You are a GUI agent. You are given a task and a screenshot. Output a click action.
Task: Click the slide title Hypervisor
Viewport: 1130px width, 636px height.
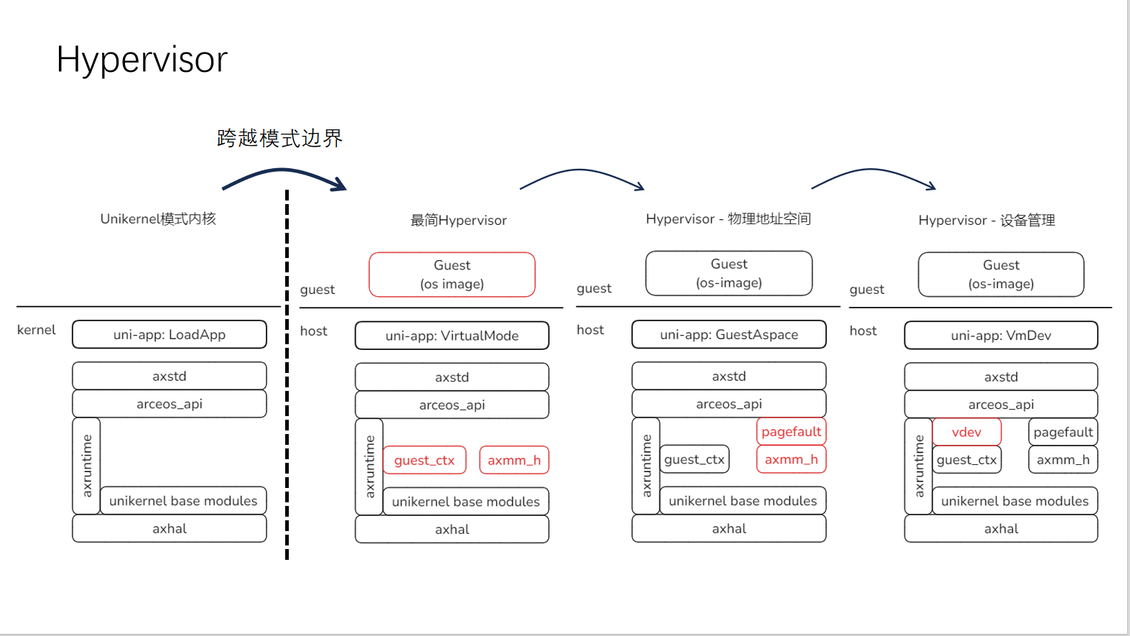pos(142,59)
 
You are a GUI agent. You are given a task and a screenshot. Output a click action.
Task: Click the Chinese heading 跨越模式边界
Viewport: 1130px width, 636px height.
pos(279,138)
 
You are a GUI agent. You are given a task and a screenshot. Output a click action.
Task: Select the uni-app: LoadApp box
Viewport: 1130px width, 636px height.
pos(170,335)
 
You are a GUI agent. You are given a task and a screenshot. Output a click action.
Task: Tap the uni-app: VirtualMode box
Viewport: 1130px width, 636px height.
pos(452,336)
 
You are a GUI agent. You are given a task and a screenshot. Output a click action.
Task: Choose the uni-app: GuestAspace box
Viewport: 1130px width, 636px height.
pos(728,335)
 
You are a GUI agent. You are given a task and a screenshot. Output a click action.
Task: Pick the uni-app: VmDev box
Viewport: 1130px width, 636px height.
pos(1001,336)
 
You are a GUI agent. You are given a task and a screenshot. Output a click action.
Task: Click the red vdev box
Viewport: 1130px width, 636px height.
pos(966,432)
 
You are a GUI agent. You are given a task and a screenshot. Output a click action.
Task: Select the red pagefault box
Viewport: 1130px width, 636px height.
pos(791,432)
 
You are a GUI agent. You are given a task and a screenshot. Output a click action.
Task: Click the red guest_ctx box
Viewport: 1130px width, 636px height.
pos(424,461)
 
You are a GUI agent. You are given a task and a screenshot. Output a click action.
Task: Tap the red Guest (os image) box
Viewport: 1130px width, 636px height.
pos(452,275)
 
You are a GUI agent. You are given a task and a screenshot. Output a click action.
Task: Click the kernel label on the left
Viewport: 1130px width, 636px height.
pos(36,330)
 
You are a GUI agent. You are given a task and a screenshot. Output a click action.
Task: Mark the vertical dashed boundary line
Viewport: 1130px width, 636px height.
pos(287,374)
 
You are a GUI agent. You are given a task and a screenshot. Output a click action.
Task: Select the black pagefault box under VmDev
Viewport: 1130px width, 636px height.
pos(1062,432)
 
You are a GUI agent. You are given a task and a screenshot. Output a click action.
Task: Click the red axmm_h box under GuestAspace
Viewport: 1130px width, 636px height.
pos(791,460)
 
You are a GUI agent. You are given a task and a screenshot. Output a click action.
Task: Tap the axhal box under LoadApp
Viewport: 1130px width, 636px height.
pos(170,529)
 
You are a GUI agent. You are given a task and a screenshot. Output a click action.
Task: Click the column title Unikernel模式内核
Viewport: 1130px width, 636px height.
pos(158,218)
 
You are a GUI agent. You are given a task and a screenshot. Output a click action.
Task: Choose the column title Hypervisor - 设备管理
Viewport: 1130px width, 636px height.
pos(986,221)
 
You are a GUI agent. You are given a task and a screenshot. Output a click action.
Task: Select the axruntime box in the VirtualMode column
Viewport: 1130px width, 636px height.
pos(369,466)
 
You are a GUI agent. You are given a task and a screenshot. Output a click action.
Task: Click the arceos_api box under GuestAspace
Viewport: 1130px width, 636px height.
pos(728,404)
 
